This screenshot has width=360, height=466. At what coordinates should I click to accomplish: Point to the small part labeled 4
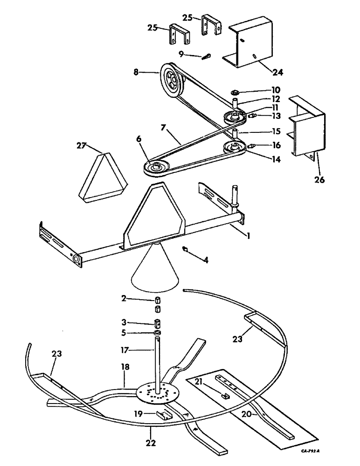click(x=186, y=249)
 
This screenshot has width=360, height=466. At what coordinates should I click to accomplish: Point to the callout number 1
click(x=250, y=236)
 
